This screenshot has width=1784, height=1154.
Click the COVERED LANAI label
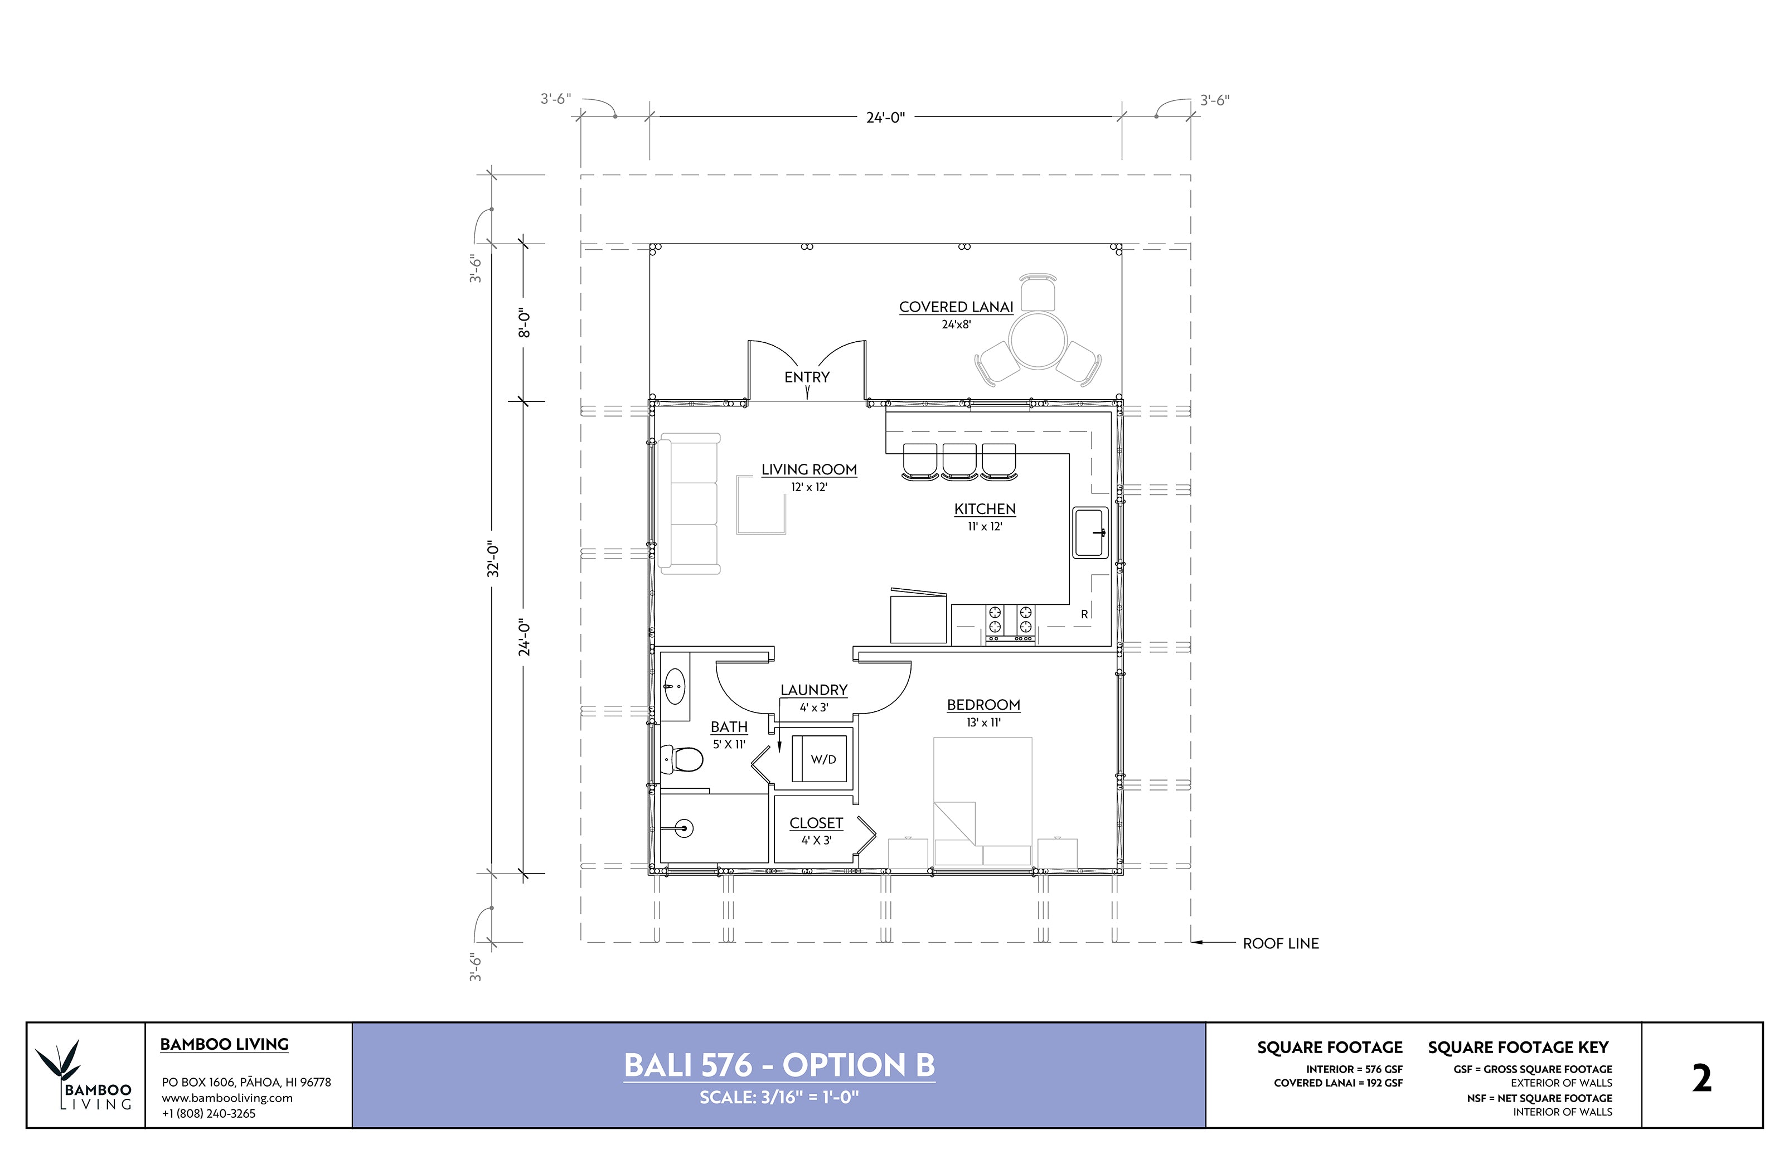tap(956, 307)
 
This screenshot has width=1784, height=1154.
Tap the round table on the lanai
tap(1038, 340)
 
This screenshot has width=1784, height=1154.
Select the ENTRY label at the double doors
tap(807, 377)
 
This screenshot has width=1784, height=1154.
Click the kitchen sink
tap(1091, 533)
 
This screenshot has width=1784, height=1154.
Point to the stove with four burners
tap(1010, 623)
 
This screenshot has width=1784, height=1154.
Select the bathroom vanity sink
tap(675, 686)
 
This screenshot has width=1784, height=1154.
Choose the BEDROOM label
tap(984, 705)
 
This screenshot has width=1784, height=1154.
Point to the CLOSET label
tap(816, 823)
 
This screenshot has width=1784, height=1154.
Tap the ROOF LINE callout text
tap(1281, 943)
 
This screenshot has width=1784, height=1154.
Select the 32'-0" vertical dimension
tap(493, 559)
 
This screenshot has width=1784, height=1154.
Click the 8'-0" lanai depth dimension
tap(525, 323)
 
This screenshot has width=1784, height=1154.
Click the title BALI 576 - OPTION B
tap(779, 1065)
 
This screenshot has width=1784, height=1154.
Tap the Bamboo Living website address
tap(227, 1098)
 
